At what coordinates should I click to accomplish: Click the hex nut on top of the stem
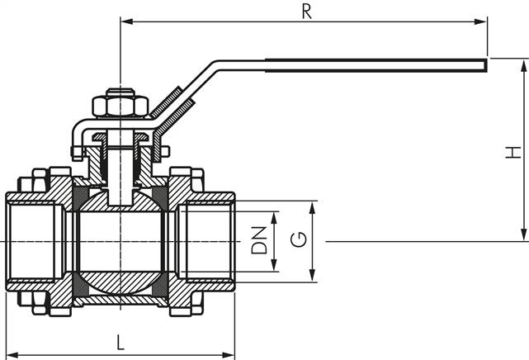(120, 107)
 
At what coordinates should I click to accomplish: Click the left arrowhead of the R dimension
(125, 21)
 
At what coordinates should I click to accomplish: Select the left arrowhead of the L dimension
(9, 349)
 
